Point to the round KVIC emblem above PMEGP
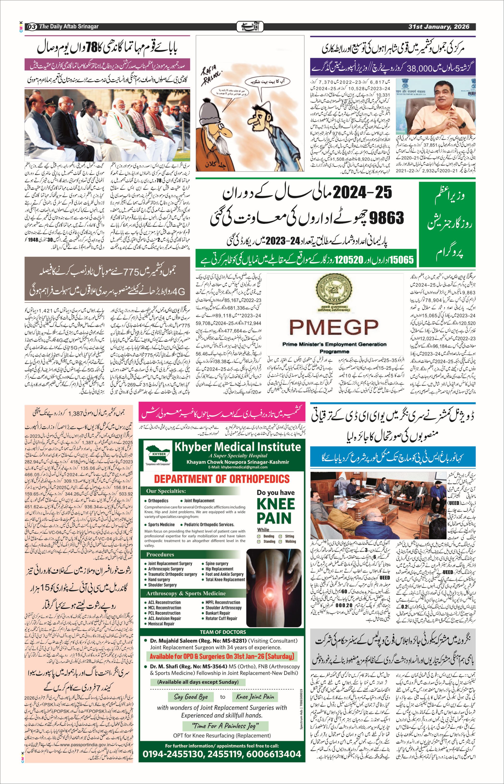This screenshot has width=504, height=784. coord(334,290)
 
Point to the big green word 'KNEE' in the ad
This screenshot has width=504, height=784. coord(276,504)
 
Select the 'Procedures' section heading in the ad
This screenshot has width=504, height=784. coord(160,554)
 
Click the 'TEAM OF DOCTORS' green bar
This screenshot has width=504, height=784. coord(223,632)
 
